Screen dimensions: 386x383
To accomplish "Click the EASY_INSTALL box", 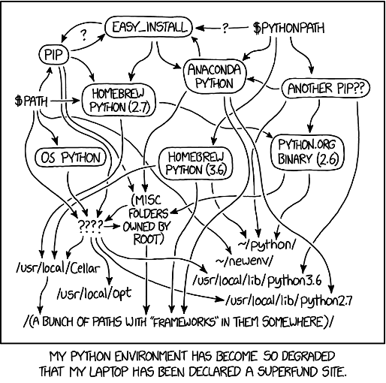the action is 149,27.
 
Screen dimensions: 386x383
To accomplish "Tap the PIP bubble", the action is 53,55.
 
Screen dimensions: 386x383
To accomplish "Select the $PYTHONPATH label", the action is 288,28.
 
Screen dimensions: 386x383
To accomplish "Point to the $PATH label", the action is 31,101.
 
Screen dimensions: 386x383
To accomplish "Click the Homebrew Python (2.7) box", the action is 119,101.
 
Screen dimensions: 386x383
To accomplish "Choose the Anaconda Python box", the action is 214,77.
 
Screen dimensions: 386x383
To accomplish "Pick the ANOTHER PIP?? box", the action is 325,88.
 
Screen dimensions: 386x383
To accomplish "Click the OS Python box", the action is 71,158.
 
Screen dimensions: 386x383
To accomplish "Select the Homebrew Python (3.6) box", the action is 196,164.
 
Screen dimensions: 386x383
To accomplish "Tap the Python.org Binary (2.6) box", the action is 308,152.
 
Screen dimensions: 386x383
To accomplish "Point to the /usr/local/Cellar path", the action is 58,268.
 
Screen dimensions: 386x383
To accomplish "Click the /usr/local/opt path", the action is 94,293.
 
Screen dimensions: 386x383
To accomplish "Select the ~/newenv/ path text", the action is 244,261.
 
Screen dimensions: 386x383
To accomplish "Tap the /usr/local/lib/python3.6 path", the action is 257,281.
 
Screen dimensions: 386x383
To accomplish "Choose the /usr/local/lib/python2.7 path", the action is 289,300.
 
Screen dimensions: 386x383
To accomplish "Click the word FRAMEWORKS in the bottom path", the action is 184,322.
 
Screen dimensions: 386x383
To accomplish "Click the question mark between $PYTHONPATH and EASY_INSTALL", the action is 225,29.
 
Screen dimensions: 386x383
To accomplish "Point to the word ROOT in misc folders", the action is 149,239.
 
